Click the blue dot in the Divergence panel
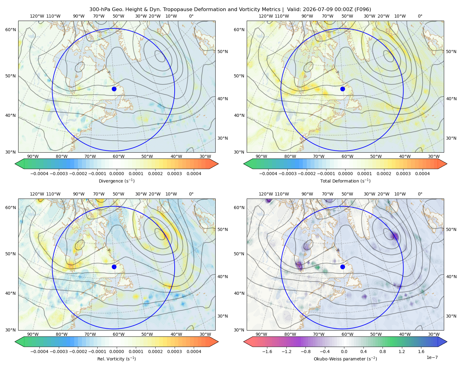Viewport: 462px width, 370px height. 114,89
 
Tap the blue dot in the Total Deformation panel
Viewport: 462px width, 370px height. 342,89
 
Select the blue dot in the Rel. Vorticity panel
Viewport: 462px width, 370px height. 114,267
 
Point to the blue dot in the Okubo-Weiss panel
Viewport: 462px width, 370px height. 342,267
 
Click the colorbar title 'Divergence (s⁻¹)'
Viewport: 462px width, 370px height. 116,181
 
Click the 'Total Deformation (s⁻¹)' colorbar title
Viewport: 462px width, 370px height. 345,181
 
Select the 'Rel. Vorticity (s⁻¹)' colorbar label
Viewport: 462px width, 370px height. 116,359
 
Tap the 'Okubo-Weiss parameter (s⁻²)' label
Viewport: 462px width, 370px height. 345,359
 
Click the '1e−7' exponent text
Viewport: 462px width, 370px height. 432,357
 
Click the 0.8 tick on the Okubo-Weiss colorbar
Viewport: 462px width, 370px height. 383,351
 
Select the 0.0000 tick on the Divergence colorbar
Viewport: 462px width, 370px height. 116,174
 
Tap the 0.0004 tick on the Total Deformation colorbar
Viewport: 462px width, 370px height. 422,174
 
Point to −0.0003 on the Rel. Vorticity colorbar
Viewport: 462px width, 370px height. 59,351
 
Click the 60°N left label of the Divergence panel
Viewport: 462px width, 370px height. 10,30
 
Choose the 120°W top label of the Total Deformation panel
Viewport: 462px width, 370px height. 265,16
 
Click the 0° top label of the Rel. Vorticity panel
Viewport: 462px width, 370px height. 191,194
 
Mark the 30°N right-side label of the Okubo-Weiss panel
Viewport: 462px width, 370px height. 451,316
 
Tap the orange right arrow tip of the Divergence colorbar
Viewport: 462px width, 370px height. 218,164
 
